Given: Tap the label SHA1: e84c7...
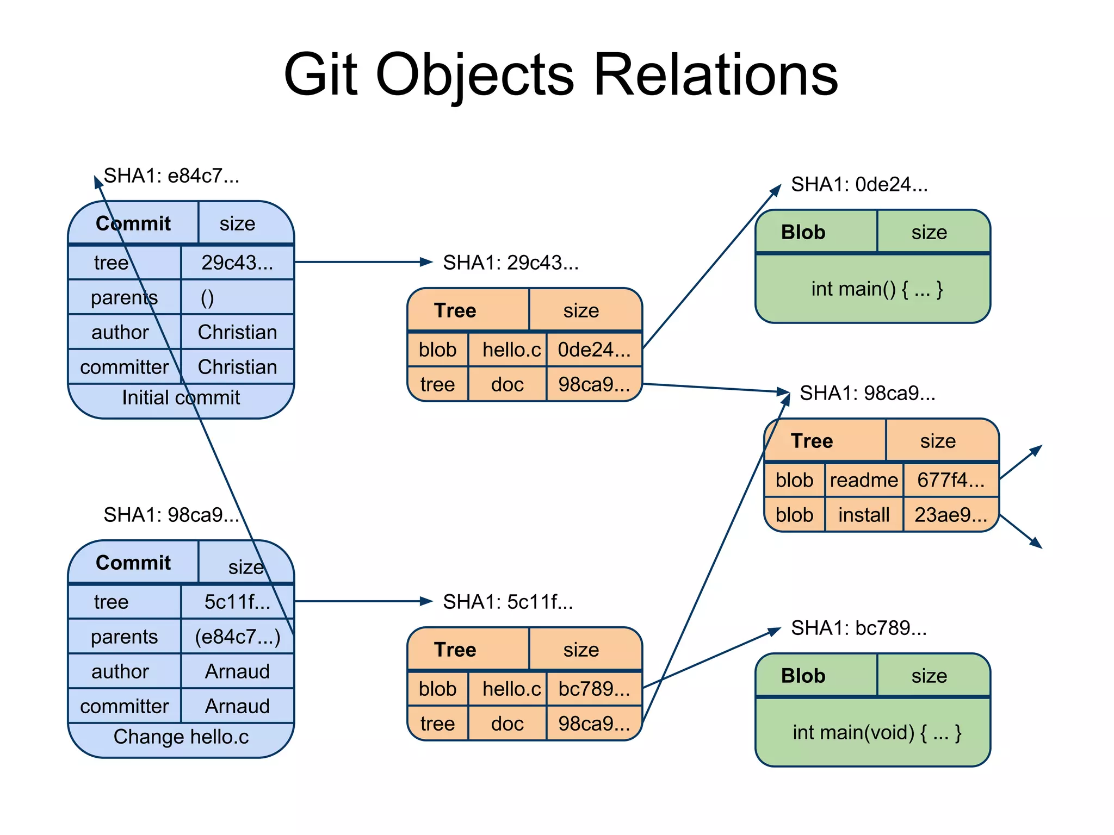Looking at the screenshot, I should (x=171, y=176).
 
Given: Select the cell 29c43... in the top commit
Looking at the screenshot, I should (x=237, y=263).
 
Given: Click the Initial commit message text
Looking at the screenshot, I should (x=181, y=397).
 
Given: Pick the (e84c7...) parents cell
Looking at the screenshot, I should (x=237, y=637).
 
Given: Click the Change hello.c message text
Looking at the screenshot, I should (x=181, y=737).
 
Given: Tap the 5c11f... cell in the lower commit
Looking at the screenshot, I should (x=237, y=602).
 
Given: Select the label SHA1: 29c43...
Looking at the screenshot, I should (x=510, y=263).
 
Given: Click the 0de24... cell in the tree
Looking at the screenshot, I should (x=594, y=350).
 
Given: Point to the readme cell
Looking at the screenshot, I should (x=864, y=480).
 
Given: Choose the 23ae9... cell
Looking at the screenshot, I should (x=950, y=515).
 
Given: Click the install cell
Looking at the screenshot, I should (x=864, y=515).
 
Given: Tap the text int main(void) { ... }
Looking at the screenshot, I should (x=877, y=732).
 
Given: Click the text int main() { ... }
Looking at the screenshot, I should (x=877, y=289).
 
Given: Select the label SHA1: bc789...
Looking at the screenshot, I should (x=858, y=628).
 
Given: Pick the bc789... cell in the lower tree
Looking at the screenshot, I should (x=594, y=689).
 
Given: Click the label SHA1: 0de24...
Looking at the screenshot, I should (x=859, y=184).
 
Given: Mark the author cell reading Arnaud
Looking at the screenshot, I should (x=237, y=671).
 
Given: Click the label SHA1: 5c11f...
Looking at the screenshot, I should (x=508, y=602).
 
